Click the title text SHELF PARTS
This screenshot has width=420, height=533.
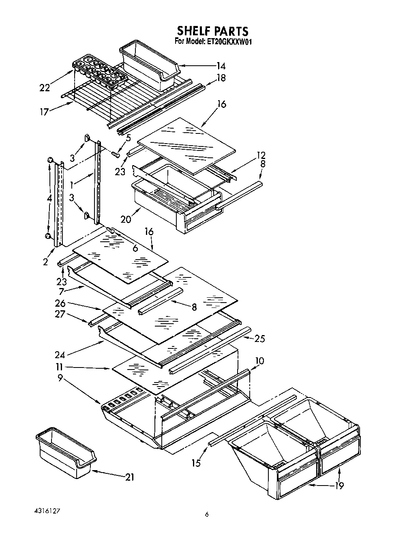coord(212,31)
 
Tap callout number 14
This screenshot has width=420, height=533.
coord(221,66)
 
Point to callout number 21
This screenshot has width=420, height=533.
coord(129,477)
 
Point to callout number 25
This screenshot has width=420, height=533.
coord(259,338)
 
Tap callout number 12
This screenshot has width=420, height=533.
coord(261,155)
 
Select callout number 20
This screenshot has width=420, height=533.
coord(126,219)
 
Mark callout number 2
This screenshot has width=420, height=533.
coord(45,262)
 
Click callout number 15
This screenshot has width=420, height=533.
coord(196,462)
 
